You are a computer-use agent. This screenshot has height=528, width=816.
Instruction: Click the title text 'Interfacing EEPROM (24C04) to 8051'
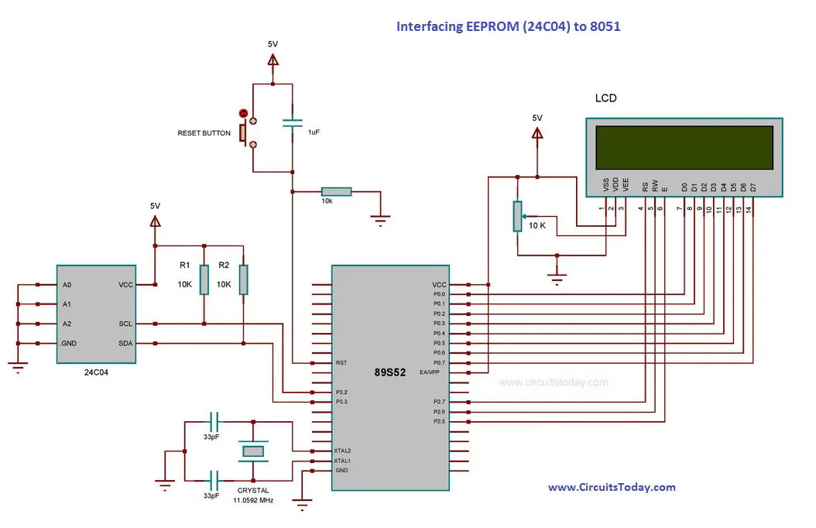pyautogui.click(x=508, y=26)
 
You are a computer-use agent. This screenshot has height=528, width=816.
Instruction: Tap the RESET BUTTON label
pyautogui.click(x=204, y=133)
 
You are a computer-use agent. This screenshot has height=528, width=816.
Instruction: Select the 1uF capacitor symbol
pyautogui.click(x=293, y=123)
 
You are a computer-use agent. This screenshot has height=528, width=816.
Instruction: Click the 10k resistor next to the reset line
pyautogui.click(x=336, y=191)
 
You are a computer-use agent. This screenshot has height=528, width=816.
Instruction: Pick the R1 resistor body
pyautogui.click(x=204, y=279)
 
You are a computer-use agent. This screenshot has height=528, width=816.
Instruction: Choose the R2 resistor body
pyautogui.click(x=243, y=279)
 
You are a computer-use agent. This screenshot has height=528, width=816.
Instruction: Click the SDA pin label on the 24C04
pyautogui.click(x=125, y=343)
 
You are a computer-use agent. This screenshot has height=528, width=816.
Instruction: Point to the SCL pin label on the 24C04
pyautogui.click(x=125, y=324)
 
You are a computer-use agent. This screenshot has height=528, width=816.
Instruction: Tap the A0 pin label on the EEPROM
pyautogui.click(x=67, y=285)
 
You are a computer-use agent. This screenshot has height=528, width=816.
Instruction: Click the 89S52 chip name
pyautogui.click(x=389, y=372)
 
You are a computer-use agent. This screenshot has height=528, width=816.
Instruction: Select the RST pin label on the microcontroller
pyautogui.click(x=341, y=362)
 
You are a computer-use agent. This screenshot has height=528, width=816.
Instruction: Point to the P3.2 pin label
pyautogui.click(x=341, y=393)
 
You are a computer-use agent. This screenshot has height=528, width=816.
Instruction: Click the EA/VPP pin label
pyautogui.click(x=430, y=372)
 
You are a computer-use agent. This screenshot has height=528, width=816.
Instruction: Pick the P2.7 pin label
pyautogui.click(x=439, y=402)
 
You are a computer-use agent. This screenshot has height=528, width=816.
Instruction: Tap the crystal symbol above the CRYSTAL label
pyautogui.click(x=253, y=451)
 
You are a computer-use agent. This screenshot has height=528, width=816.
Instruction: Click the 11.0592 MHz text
pyautogui.click(x=253, y=500)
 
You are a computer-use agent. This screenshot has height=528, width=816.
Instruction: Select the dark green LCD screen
pyautogui.click(x=684, y=147)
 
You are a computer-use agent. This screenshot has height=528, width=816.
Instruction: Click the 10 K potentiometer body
pyautogui.click(x=517, y=217)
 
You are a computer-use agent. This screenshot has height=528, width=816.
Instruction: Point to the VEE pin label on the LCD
pyautogui.click(x=626, y=185)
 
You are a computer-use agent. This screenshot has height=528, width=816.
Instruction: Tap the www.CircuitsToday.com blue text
pyautogui.click(x=612, y=488)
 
